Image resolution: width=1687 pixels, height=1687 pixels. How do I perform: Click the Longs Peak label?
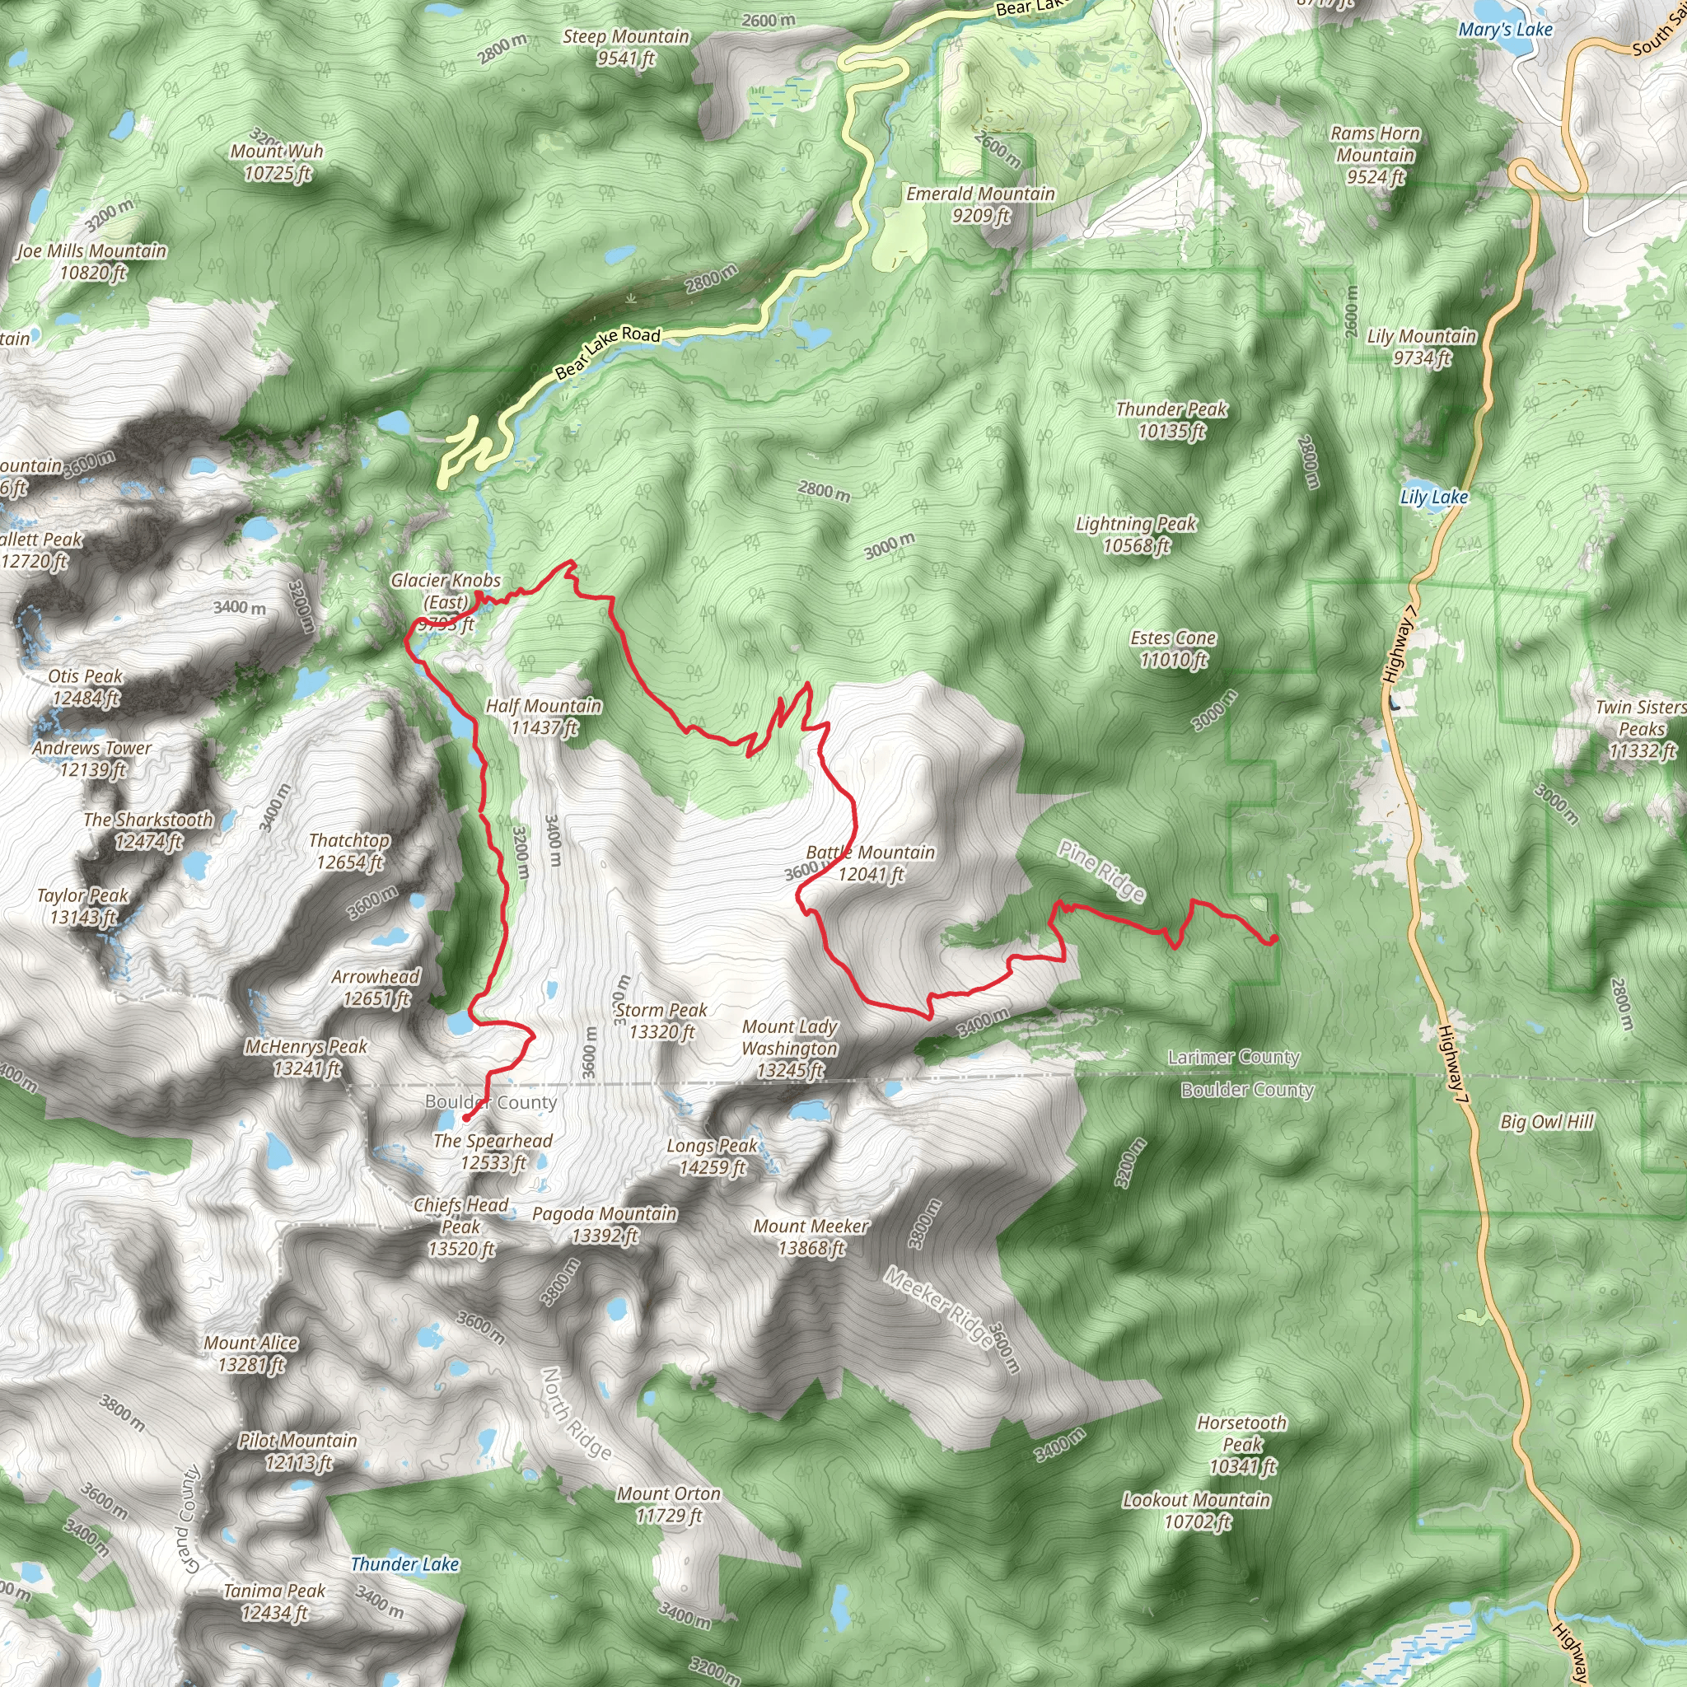pos(713,1156)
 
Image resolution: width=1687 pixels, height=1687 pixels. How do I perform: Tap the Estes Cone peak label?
pos(1173,649)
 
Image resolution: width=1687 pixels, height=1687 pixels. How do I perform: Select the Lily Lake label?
pos(1433,498)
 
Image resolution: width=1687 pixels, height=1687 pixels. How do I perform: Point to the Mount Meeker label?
pos(811,1237)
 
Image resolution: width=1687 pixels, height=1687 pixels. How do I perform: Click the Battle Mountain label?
pos(870,862)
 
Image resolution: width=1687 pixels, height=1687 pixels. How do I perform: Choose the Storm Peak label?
pos(661,1021)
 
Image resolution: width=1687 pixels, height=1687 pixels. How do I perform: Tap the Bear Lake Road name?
pos(608,352)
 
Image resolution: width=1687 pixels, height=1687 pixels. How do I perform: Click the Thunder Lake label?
pos(404,1564)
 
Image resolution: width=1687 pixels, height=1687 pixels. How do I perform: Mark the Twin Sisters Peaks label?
pos(1641,729)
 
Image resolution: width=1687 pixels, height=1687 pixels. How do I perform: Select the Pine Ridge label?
pos(1101,871)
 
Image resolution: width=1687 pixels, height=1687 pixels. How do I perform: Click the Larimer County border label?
pos(1233,1058)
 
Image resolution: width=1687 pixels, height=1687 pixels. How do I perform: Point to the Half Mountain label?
pos(543,716)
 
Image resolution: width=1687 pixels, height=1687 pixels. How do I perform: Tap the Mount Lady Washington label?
pos(789,1048)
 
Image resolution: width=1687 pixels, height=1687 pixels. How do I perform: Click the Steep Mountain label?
pos(626,47)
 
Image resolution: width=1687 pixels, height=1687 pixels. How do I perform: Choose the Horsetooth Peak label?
pos(1241,1444)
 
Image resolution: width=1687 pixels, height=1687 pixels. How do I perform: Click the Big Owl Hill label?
pos(1546,1122)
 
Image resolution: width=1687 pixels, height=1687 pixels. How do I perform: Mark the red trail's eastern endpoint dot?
pos(1273,940)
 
